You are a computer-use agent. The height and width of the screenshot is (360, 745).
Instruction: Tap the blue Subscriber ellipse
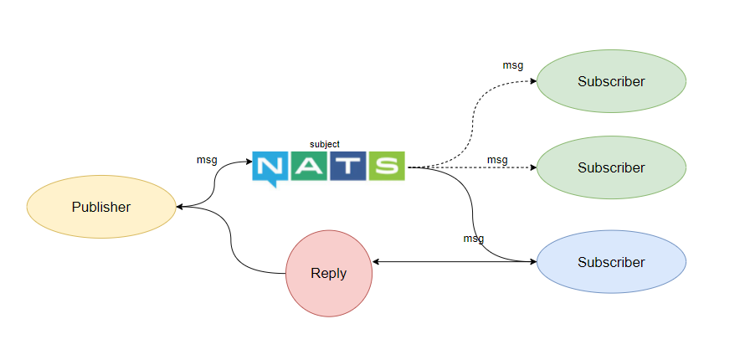611,262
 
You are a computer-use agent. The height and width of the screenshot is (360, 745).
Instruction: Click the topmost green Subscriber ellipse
611,81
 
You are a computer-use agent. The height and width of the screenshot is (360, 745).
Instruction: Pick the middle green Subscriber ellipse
611,167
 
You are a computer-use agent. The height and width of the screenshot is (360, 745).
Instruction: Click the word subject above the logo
325,144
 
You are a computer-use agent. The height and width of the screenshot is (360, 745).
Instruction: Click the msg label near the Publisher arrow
207,159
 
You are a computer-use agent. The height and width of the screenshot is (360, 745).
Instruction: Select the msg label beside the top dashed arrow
512,64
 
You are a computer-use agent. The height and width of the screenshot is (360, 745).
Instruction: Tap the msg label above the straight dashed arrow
497,159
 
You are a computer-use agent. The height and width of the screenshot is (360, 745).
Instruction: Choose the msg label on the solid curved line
474,239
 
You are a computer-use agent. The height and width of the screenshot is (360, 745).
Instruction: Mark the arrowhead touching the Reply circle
376,262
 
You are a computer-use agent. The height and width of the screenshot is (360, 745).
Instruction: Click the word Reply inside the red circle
329,274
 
